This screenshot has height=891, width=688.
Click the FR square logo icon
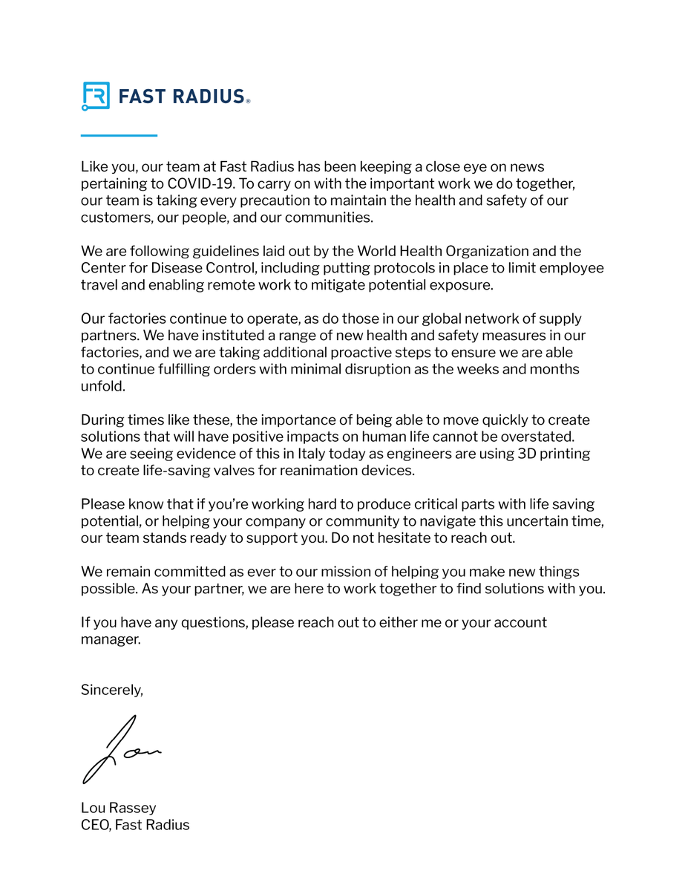96,97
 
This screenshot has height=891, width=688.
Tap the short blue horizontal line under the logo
119,135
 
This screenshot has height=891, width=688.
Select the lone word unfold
103,386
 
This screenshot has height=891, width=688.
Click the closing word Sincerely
111,690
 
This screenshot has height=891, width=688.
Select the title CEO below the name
96,825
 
